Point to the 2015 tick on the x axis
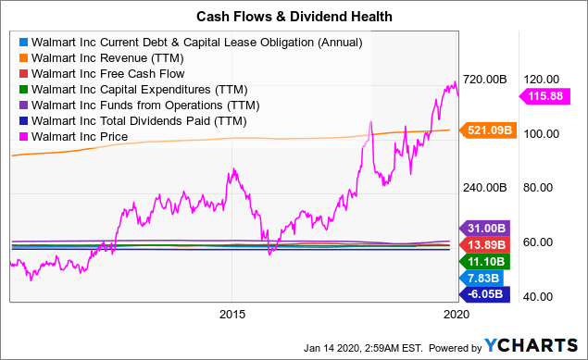[x=232, y=314]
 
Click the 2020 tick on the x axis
[x=453, y=314]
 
